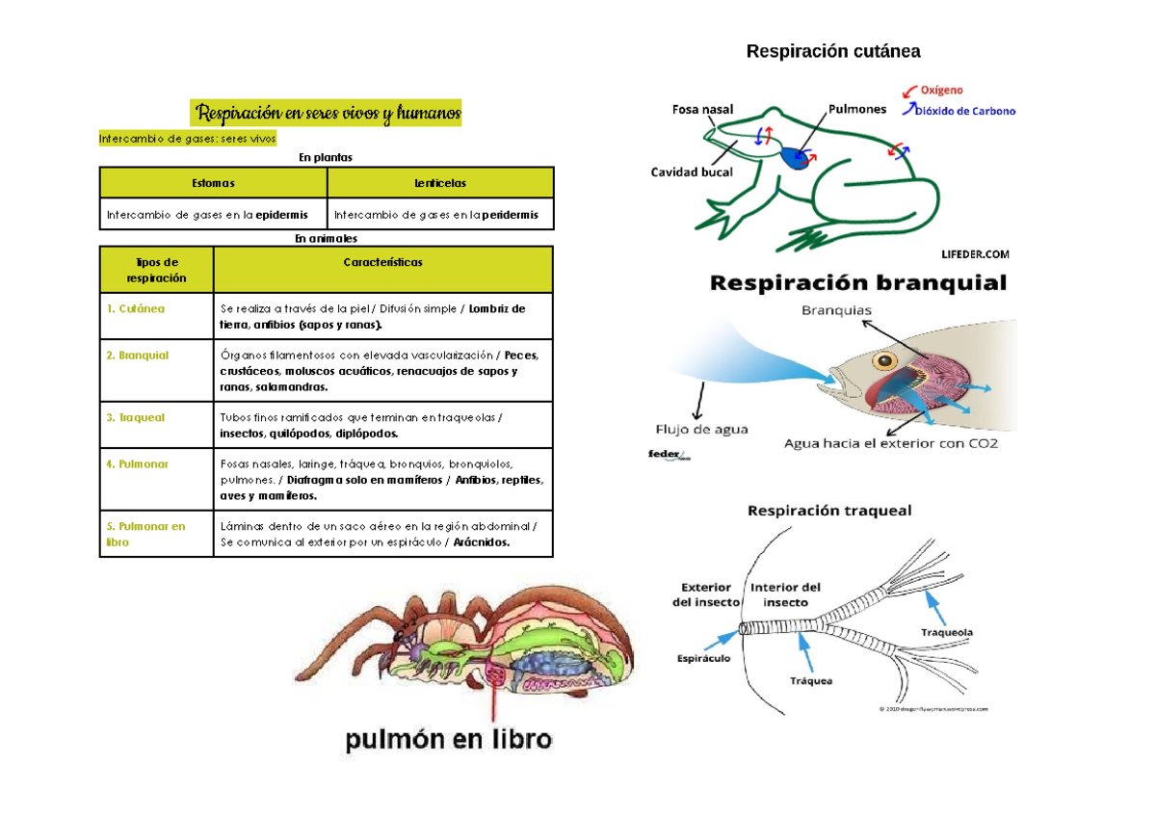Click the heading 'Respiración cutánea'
coord(833,51)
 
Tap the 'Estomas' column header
coord(213,183)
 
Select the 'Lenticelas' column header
coord(440,183)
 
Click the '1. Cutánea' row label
coord(136,309)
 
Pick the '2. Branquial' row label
coord(138,356)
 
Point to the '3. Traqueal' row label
coord(136,418)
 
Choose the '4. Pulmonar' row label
coord(138,464)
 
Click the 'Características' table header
coord(382,262)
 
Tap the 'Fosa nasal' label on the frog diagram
coord(702,110)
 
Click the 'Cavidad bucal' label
coord(692,172)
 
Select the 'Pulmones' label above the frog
coord(856,110)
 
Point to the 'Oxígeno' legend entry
coord(941,91)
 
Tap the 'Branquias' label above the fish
coord(836,310)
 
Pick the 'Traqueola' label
coord(946,633)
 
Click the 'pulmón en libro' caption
coord(449,740)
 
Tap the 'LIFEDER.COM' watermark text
coord(975,254)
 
